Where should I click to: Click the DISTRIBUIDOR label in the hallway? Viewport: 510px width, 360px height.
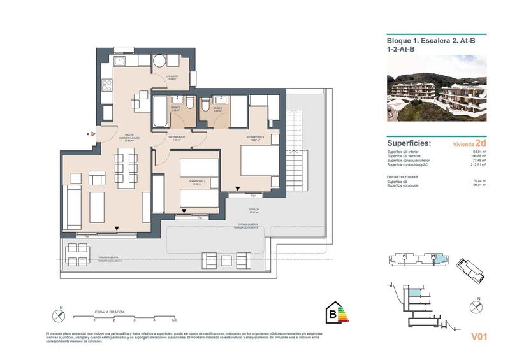[x=177, y=137]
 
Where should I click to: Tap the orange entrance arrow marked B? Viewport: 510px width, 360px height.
[x=94, y=134]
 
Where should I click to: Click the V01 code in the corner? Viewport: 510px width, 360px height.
[x=479, y=337]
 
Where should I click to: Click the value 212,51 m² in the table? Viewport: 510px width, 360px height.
[x=478, y=171]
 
